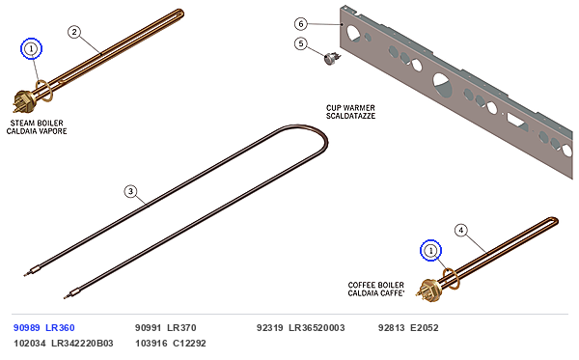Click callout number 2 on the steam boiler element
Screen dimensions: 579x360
pyautogui.click(x=74, y=32)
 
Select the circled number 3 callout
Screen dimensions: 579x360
pyautogui.click(x=130, y=191)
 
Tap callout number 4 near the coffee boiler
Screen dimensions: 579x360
pyautogui.click(x=461, y=231)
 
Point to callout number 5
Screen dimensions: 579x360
pyautogui.click(x=301, y=43)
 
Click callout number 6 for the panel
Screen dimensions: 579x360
pyautogui.click(x=301, y=24)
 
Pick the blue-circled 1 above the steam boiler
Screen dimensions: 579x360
pyautogui.click(x=32, y=48)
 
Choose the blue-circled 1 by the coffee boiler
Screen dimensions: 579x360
pyautogui.click(x=430, y=251)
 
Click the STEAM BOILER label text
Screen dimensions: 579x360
pyautogui.click(x=37, y=123)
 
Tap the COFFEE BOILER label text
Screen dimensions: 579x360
pyautogui.click(x=376, y=285)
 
